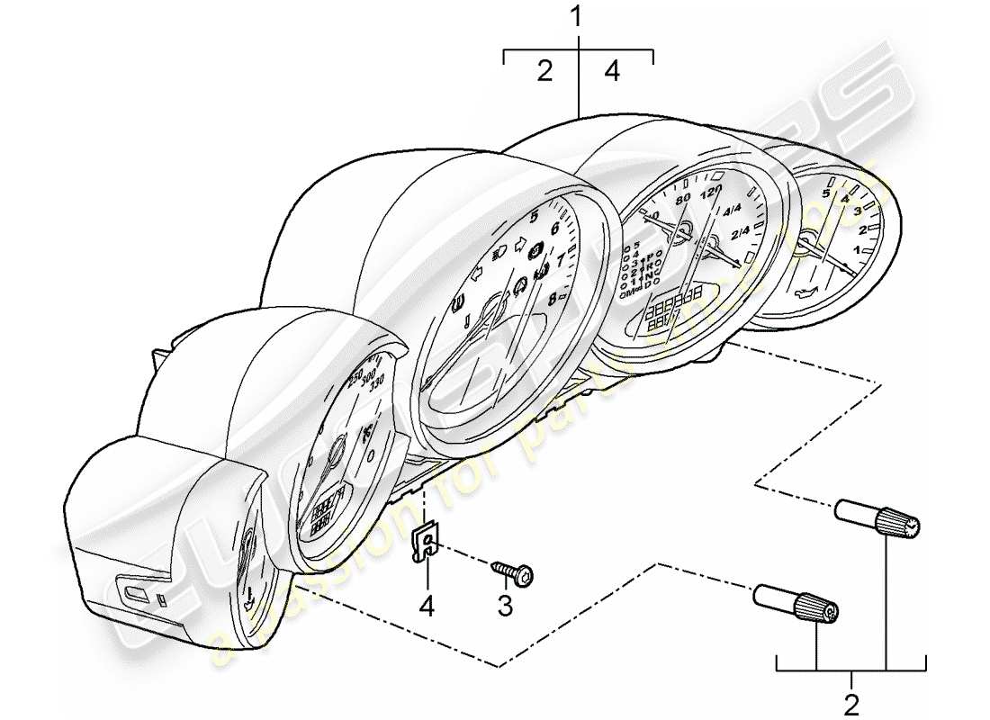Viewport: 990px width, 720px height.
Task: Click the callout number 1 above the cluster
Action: pos(578,16)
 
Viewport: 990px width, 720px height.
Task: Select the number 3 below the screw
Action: pos(505,607)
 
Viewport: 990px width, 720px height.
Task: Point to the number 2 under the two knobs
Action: pos(851,701)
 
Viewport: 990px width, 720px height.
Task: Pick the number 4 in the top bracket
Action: pos(612,72)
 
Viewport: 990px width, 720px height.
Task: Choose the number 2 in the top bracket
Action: pos(544,72)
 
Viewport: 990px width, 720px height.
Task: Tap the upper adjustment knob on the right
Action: pos(878,518)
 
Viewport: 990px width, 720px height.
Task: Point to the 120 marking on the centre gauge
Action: pos(711,193)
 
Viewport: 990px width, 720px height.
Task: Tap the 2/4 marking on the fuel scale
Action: pos(741,235)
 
